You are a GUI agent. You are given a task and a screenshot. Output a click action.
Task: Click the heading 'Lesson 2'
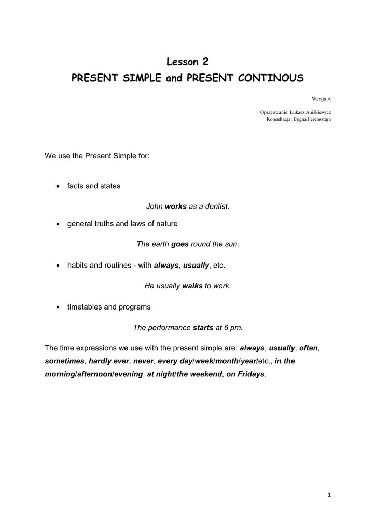click(188, 62)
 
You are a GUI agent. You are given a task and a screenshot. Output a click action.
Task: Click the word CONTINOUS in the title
click(271, 78)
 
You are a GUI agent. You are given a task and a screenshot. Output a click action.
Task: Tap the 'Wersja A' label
click(322, 98)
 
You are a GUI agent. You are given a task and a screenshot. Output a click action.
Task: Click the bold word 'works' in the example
click(175, 207)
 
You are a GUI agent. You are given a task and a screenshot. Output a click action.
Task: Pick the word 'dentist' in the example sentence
click(216, 207)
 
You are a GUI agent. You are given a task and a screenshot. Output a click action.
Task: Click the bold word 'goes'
click(179, 244)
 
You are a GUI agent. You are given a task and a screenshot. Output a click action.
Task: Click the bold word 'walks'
click(192, 286)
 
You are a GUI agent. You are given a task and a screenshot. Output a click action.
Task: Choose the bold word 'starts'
click(203, 328)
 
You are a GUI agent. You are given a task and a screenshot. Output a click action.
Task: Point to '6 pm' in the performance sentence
click(232, 328)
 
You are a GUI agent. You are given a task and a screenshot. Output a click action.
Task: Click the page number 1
click(329, 495)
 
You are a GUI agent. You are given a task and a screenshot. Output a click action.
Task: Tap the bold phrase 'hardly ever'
click(109, 361)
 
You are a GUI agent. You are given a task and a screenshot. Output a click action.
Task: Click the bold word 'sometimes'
click(64, 361)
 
